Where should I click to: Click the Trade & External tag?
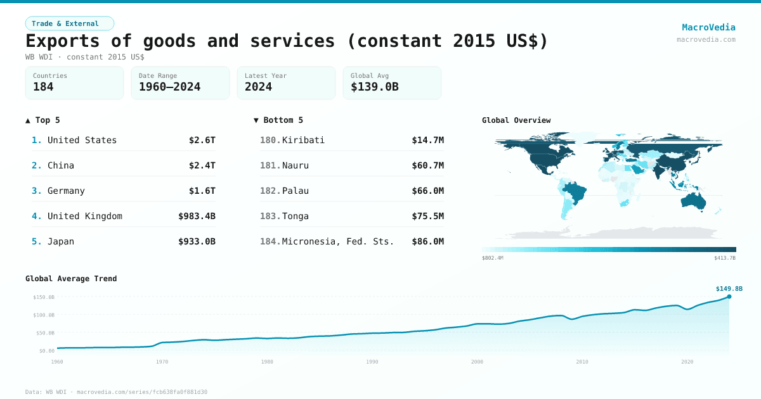69,23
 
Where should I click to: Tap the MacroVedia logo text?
708,27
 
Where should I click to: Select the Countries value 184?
43,87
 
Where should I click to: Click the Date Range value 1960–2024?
169,87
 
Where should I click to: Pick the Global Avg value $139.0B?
374,87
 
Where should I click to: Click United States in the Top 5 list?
82,140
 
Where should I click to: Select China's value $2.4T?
202,165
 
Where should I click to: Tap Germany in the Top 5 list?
66,191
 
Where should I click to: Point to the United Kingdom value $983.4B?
197,216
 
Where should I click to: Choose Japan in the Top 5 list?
61,241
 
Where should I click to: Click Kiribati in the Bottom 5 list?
303,140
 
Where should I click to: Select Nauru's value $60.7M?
427,165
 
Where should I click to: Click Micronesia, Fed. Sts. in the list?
338,241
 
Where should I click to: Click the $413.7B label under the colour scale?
724,258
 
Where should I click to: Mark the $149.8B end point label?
729,289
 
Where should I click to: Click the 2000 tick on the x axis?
477,362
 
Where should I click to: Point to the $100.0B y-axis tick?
44,315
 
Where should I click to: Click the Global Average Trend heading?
71,279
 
